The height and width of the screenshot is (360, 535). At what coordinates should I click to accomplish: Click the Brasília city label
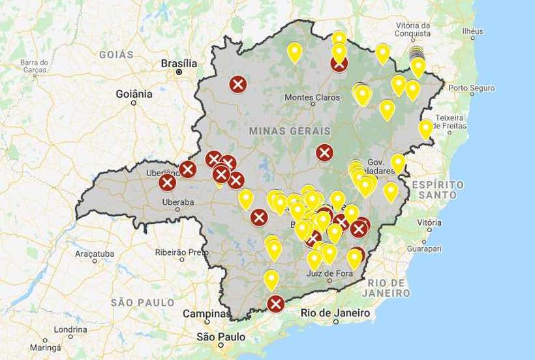(x=178, y=63)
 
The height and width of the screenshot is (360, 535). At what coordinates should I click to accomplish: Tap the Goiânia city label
(x=134, y=94)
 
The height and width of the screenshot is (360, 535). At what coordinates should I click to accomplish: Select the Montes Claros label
(x=313, y=98)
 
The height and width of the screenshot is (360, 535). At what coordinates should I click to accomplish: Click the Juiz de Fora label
(x=329, y=273)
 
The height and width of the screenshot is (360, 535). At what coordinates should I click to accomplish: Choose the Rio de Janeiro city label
(x=335, y=313)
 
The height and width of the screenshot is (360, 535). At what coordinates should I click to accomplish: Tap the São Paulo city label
(x=221, y=337)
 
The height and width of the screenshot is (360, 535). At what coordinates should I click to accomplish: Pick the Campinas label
(x=206, y=314)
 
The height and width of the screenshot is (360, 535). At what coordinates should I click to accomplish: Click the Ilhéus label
(x=472, y=31)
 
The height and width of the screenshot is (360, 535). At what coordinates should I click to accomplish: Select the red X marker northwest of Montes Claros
(x=238, y=84)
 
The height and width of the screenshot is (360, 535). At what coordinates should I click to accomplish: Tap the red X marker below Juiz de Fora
(x=276, y=303)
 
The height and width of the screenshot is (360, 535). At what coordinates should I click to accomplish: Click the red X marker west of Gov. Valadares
(x=324, y=153)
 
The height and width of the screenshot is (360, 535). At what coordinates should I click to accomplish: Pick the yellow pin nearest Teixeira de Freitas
(x=425, y=128)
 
